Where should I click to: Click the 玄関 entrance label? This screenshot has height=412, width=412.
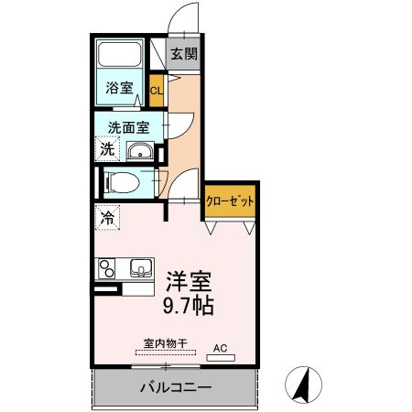[184, 53]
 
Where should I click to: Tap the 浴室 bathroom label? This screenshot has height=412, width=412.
[119, 89]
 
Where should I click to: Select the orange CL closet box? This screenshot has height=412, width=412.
[156, 90]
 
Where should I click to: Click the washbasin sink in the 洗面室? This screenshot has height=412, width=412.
[141, 152]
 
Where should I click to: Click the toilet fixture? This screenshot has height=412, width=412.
[121, 182]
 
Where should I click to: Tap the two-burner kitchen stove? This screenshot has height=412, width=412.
[107, 268]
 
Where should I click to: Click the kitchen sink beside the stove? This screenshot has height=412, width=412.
[140, 268]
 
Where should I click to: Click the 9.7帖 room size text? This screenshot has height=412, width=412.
[190, 308]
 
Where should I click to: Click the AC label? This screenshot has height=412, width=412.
[220, 348]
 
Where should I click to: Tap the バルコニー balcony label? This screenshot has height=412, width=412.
[177, 387]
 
